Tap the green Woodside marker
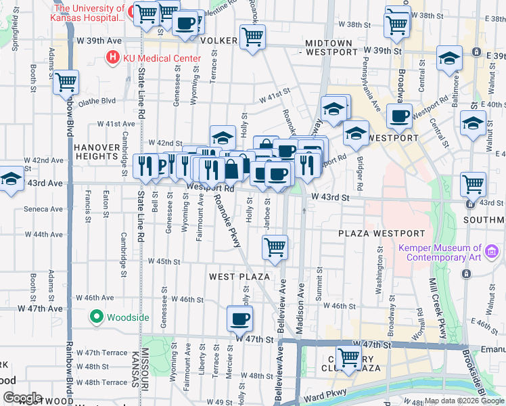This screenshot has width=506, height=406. [96, 316]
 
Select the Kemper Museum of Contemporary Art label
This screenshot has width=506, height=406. [440, 252]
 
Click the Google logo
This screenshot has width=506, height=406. [22, 398]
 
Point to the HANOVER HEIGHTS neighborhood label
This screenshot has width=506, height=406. [96, 152]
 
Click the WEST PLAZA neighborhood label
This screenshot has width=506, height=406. [239, 277]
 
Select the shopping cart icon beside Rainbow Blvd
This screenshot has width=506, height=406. [66, 83]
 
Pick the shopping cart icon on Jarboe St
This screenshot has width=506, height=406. [275, 248]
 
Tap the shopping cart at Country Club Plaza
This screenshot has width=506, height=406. [349, 356]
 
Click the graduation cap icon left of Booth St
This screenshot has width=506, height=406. [11, 179]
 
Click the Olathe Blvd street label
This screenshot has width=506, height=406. [97, 101]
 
